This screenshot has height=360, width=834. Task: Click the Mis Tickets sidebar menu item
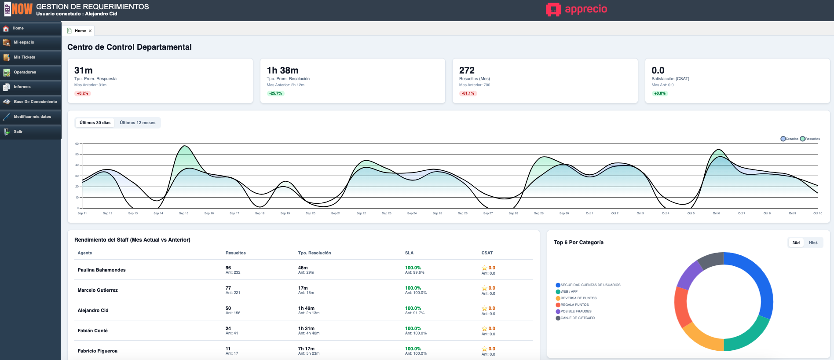[24, 57]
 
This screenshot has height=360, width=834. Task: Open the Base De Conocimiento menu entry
[35, 102]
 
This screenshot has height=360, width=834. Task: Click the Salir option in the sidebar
[18, 132]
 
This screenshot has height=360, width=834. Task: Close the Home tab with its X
[90, 31]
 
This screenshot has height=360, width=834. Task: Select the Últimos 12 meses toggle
[137, 123]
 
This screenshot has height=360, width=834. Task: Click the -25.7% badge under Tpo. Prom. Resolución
[276, 93]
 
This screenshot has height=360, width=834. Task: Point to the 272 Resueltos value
[467, 70]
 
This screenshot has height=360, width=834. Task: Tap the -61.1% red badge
[468, 93]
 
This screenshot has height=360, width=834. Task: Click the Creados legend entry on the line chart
[790, 139]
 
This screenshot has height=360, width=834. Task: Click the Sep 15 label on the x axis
[183, 213]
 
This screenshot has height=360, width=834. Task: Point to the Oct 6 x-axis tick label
[716, 213]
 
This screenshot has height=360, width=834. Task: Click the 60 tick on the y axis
[77, 144]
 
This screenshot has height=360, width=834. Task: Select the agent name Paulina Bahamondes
[102, 270]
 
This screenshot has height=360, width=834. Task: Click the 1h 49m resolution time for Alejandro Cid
[306, 308]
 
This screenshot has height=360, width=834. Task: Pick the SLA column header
[409, 253]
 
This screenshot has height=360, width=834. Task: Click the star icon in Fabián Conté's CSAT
[484, 329]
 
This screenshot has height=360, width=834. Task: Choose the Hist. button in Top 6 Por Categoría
[813, 243]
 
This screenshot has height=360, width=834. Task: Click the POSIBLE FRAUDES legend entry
[576, 311]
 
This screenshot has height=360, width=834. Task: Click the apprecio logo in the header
[577, 9]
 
